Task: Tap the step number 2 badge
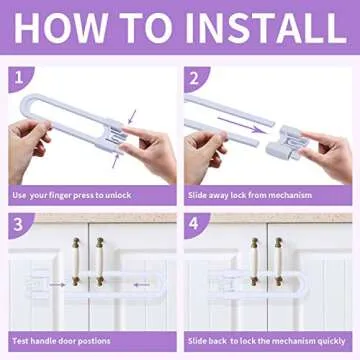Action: (x=193, y=75)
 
